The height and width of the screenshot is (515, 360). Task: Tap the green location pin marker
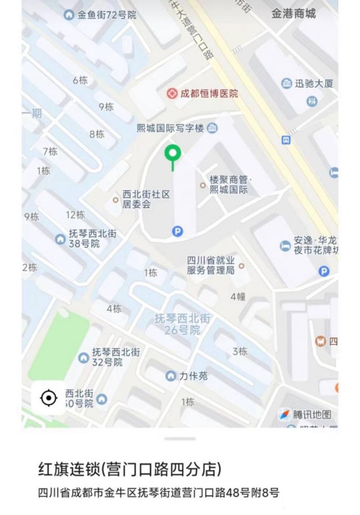tap(172, 154)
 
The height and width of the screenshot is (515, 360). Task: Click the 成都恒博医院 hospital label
tap(209, 94)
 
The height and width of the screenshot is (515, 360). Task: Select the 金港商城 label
tap(293, 14)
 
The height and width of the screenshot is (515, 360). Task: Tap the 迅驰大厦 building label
tap(314, 83)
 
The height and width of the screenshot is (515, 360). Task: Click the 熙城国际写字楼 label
tap(171, 128)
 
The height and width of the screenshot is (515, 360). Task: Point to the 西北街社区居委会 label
tap(146, 199)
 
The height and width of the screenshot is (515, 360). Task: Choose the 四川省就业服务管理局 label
tap(211, 265)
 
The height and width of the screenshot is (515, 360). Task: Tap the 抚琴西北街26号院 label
tap(182, 324)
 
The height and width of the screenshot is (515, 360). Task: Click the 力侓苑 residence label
tap(193, 375)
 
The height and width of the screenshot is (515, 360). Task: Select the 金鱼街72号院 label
tap(107, 15)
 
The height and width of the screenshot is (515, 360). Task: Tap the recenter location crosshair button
tap(48, 398)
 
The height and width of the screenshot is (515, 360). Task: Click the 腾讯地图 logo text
tap(312, 414)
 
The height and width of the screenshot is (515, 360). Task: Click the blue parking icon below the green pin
tap(178, 232)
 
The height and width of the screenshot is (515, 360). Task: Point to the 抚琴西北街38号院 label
tap(92, 239)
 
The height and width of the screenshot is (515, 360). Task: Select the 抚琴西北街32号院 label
tap(116, 357)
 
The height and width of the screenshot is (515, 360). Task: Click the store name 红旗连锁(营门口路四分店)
tap(130, 470)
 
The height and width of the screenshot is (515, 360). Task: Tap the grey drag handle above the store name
tap(180, 438)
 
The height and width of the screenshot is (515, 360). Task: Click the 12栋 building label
tap(75, 215)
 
